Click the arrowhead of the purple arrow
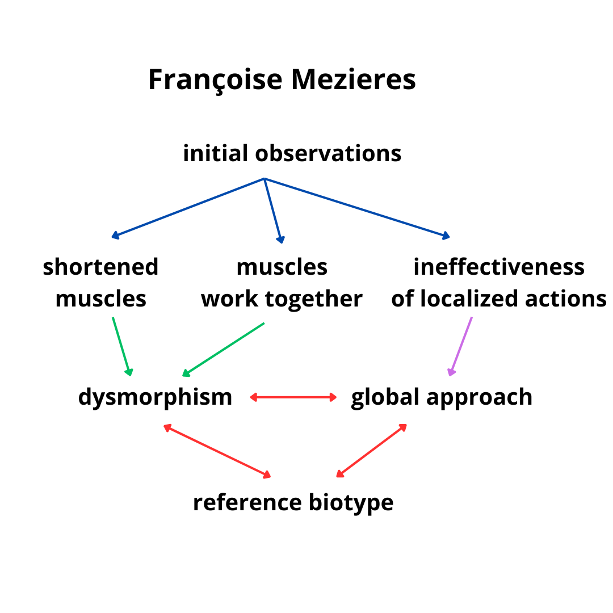coord(450,375)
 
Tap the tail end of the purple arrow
coord(472,317)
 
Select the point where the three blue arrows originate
coord(264,179)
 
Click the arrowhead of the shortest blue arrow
coord(282,243)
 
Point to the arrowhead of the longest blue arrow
coord(450,237)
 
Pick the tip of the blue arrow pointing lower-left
coord(112,237)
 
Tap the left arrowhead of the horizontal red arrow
coord(250,397)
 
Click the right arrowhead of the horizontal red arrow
coord(337,397)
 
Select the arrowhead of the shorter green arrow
coord(131,375)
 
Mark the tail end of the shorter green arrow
coord(113,317)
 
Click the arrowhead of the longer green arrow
coord(182,376)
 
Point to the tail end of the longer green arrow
coord(264,323)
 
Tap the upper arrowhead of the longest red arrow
coord(164,425)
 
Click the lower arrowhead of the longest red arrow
coord(270,477)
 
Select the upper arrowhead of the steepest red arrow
coord(406,425)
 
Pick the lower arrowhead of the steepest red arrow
coord(337,477)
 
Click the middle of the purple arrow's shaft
coord(461,346)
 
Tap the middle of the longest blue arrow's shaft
coord(357,208)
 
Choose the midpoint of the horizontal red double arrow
coord(293,397)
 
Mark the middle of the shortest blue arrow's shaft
coord(273,211)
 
